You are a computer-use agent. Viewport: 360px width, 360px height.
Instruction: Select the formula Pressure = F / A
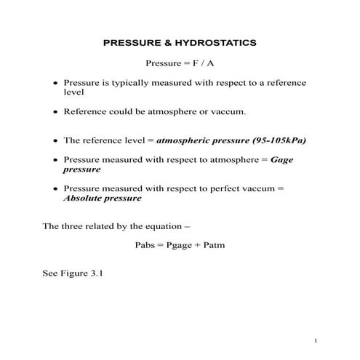(x=180, y=63)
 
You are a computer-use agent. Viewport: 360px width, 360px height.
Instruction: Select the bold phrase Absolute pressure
(x=102, y=198)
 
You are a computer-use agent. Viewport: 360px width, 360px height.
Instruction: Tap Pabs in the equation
(x=145, y=244)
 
